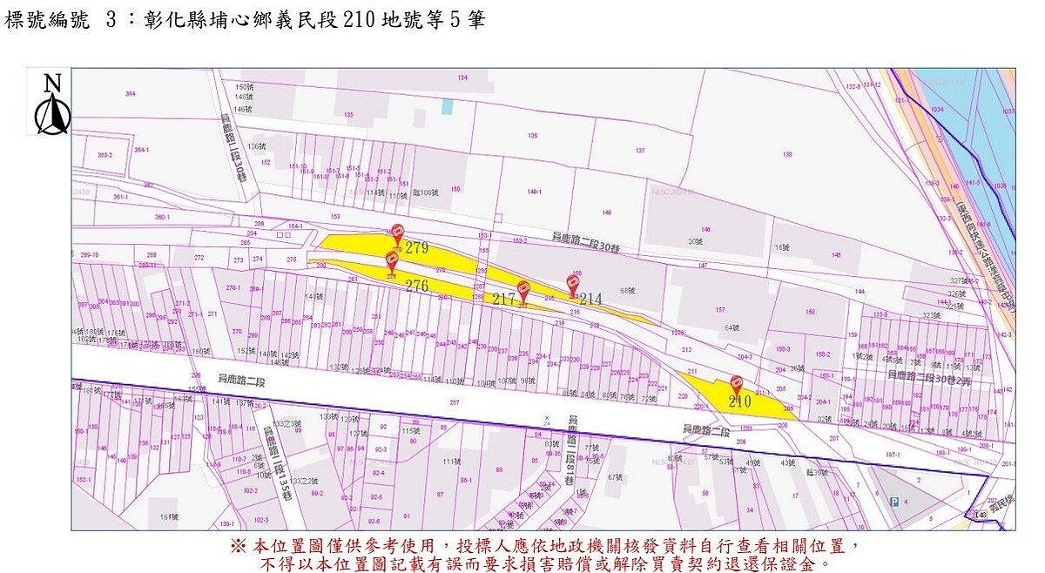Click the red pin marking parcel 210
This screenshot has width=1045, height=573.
coord(737,383)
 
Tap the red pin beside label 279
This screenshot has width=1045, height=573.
coord(397,233)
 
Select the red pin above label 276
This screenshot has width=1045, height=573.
coord(392,259)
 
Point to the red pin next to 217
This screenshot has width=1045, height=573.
coord(522,288)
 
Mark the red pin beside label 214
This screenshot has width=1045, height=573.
coord(573,282)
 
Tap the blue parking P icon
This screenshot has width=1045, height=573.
coord(893,501)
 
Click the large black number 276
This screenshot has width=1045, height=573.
coord(417,285)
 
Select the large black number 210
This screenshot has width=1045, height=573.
coord(739,401)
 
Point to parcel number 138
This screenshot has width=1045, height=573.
coord(787,155)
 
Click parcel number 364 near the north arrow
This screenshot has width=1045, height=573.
coord(131,93)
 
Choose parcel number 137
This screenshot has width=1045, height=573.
coord(640,151)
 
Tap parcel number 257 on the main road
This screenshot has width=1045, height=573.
coord(454,402)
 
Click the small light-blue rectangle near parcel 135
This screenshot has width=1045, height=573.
coord(448,106)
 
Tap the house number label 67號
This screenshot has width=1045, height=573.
coord(616,476)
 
